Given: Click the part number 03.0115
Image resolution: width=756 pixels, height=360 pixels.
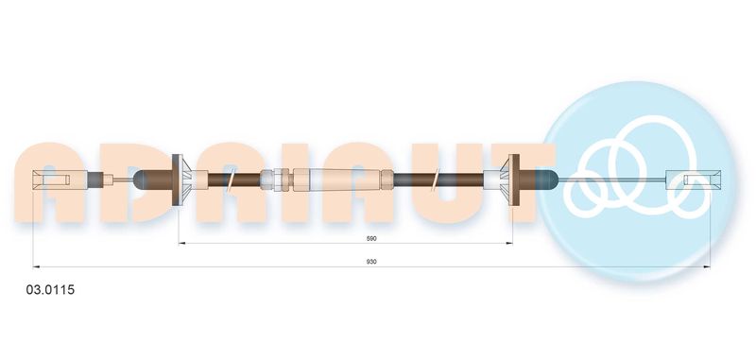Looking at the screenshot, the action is tap(50, 290).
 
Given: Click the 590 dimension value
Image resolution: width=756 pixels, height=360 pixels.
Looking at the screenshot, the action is tap(371, 238).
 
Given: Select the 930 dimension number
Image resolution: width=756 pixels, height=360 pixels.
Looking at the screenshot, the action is tap(371, 262).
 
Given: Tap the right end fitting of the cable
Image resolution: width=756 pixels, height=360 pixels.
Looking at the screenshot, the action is tap(693, 180).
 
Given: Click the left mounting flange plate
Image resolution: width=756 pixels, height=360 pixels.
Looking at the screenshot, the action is tap(178, 180).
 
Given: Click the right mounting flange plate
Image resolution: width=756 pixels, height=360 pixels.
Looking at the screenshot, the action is tap(514, 180).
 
